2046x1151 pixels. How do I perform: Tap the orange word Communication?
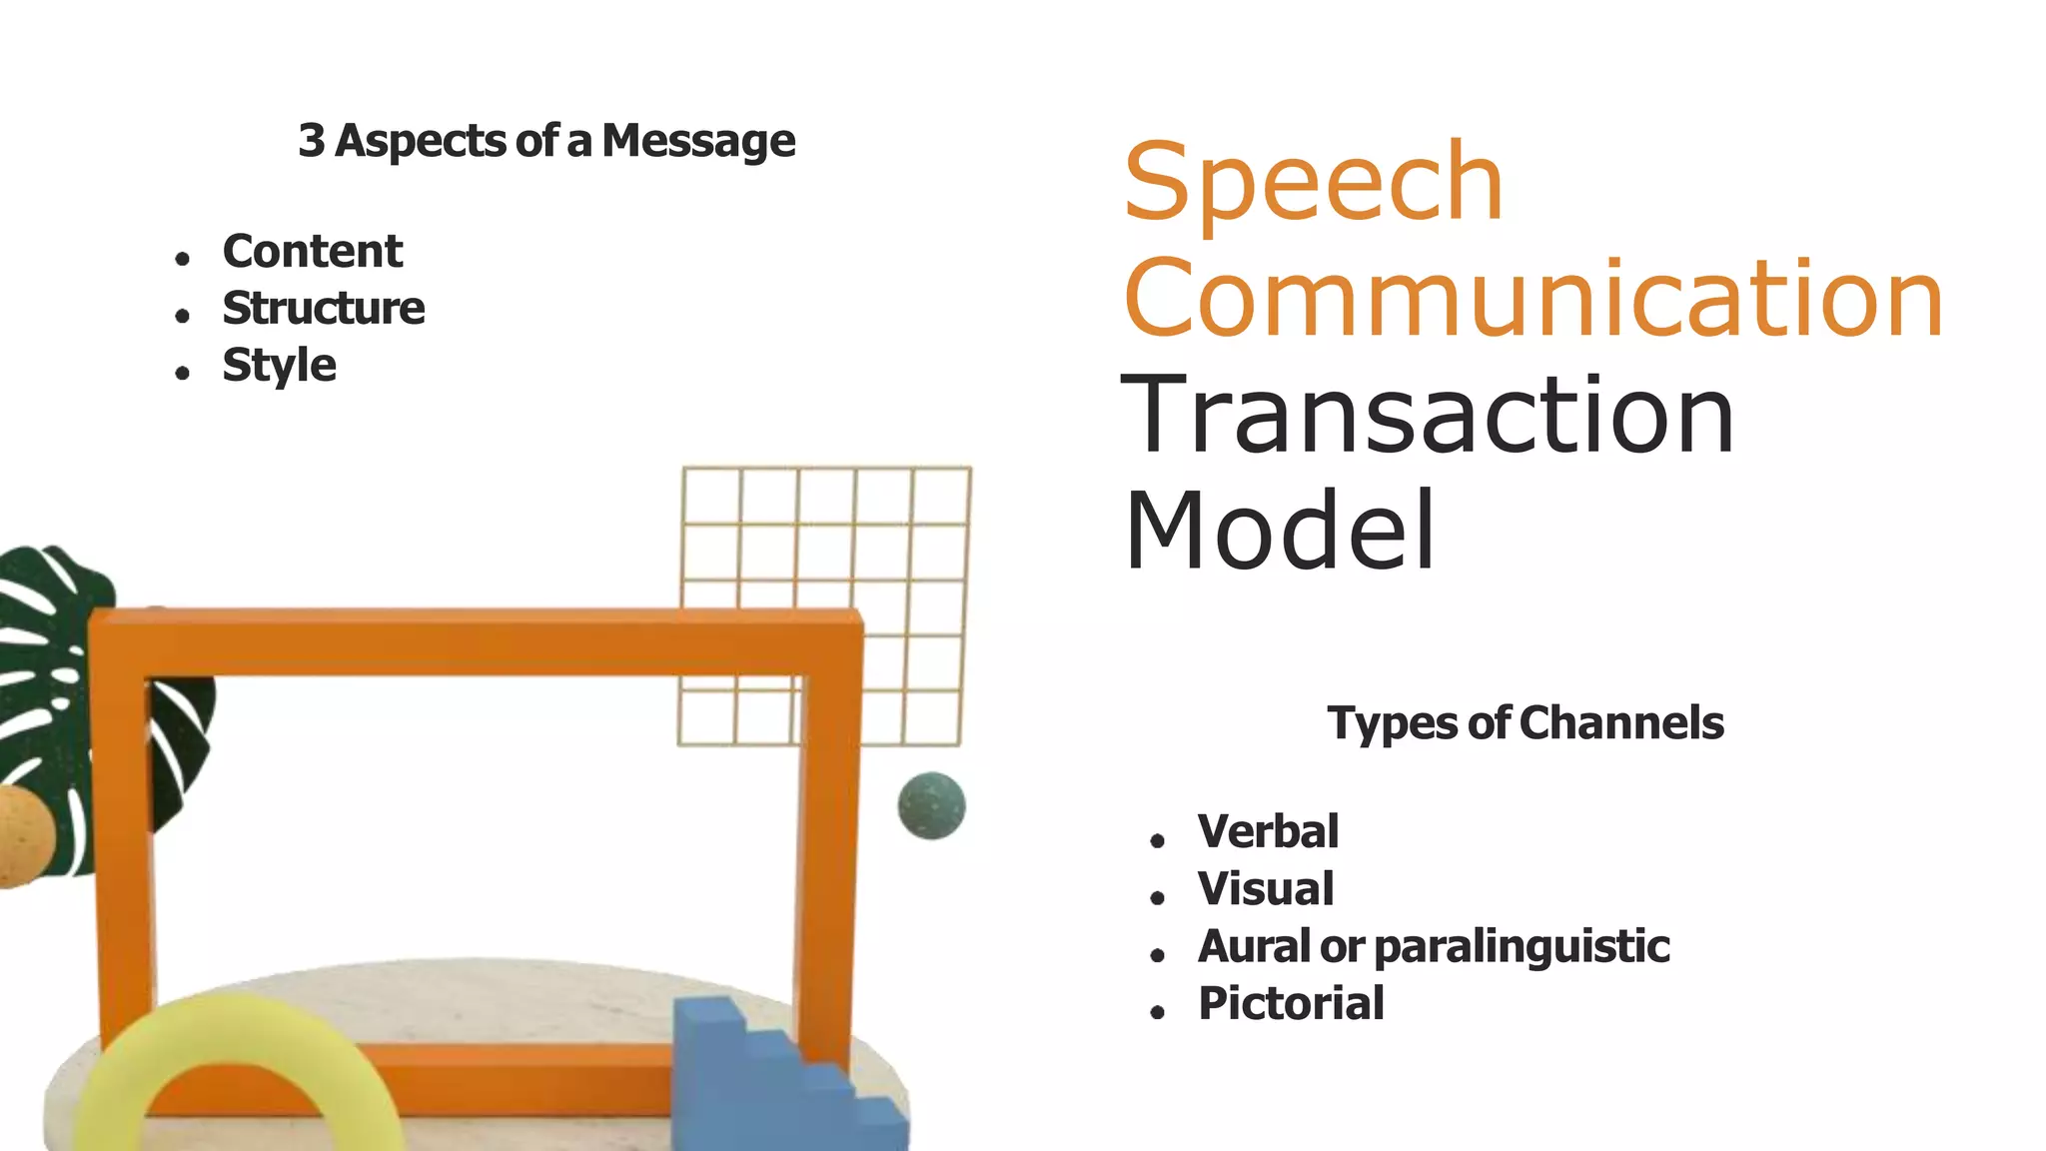(x=1534, y=299)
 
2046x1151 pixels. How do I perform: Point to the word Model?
(x=1279, y=531)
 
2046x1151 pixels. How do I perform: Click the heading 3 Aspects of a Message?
(x=546, y=141)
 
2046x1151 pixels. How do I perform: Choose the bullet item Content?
(x=312, y=251)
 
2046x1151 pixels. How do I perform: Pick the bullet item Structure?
(x=323, y=308)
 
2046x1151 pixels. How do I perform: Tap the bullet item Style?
(x=279, y=365)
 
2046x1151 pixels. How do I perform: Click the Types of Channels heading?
(x=1525, y=722)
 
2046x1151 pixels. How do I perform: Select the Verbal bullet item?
(x=1268, y=831)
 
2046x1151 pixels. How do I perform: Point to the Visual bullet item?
(x=1265, y=888)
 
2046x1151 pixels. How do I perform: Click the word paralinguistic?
(x=1522, y=946)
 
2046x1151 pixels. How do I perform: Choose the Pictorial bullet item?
(x=1291, y=1003)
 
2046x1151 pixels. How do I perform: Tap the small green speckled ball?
(x=931, y=805)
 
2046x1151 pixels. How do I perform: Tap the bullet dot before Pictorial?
(x=1157, y=1012)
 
